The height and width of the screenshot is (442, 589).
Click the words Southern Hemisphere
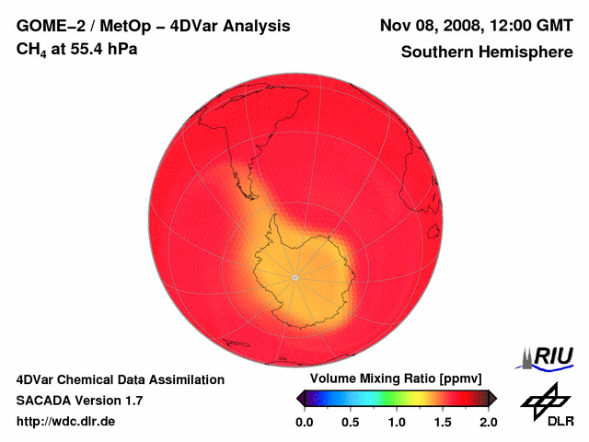(x=487, y=52)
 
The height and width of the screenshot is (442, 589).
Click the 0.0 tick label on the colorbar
(x=305, y=422)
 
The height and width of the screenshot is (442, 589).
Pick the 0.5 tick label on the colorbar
(x=351, y=422)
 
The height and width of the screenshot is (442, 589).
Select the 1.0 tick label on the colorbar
(x=397, y=422)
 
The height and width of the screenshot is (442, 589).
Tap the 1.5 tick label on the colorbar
(x=443, y=422)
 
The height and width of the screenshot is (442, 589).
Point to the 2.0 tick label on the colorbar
(x=488, y=422)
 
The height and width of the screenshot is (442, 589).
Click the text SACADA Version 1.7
(x=79, y=401)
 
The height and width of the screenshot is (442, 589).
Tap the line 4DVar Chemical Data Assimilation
(x=120, y=379)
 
